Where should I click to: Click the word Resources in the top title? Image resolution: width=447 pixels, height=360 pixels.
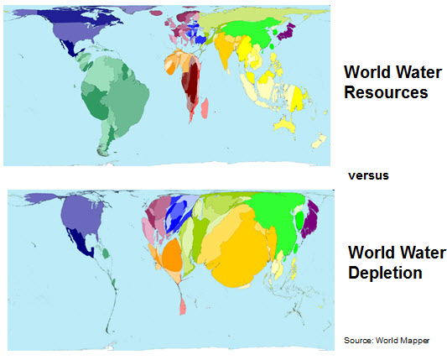[388, 92]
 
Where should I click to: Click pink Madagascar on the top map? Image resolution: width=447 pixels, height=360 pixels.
[205, 107]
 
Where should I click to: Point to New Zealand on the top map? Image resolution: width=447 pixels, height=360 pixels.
[319, 143]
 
